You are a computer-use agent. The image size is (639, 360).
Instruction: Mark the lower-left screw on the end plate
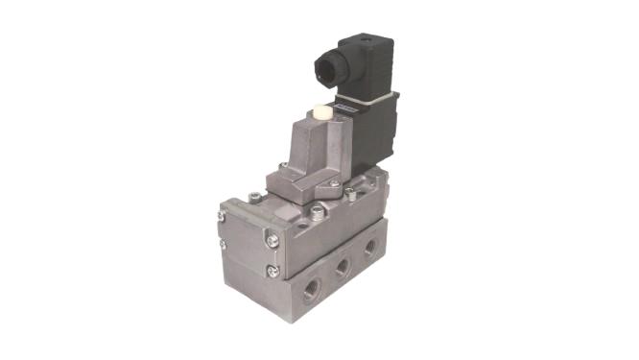tap(223, 246)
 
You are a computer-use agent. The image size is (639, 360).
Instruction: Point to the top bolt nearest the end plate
tap(252, 199)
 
